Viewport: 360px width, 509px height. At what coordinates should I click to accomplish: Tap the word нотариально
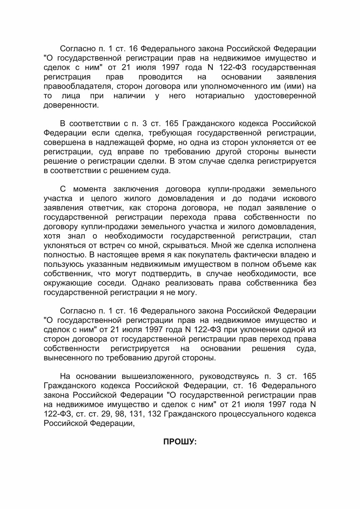(x=220, y=96)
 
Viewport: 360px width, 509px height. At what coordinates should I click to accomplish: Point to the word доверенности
(x=71, y=105)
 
